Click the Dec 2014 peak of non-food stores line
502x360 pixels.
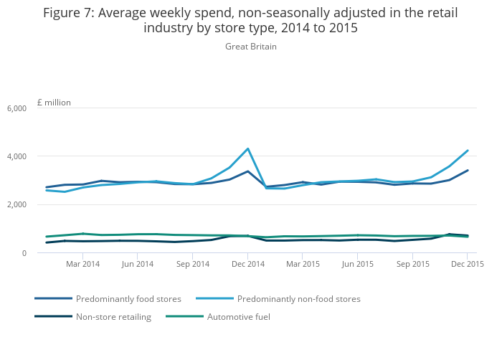point(247,149)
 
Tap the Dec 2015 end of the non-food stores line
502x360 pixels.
point(468,151)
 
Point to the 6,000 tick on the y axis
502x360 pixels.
point(16,108)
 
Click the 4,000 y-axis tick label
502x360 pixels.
point(16,156)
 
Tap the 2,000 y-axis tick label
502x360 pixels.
point(16,205)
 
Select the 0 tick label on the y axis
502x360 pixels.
point(23,253)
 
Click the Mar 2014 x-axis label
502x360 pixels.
point(82,264)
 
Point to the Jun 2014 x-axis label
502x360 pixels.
point(137,264)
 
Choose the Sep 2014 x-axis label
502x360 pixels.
point(192,264)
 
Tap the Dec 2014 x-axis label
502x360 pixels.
point(247,264)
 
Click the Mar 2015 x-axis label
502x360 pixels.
point(303,264)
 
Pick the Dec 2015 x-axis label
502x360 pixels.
point(468,264)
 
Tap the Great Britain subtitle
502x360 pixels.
point(250,47)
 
